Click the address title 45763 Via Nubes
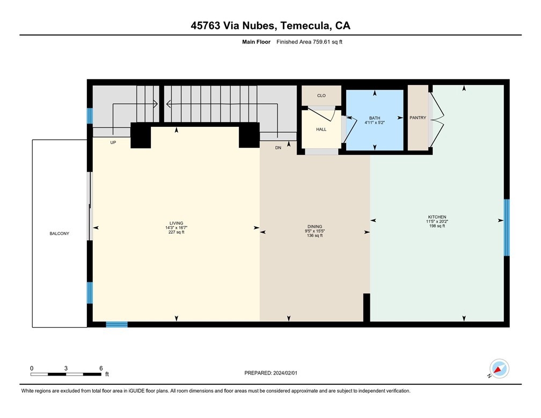(233, 26)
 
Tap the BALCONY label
(60, 234)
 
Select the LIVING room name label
(176, 223)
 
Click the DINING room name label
(315, 227)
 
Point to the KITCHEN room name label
(437, 217)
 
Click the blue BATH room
(375, 120)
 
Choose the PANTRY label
(418, 118)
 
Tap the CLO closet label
(321, 96)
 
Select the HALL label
(321, 129)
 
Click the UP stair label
(113, 142)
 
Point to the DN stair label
(278, 148)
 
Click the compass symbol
(499, 369)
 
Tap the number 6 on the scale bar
(101, 368)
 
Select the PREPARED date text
(271, 373)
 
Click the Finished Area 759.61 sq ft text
(310, 42)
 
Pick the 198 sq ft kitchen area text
(437, 226)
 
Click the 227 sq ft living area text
(176, 232)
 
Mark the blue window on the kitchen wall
(507, 228)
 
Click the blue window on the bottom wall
(116, 325)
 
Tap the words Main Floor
(257, 42)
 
